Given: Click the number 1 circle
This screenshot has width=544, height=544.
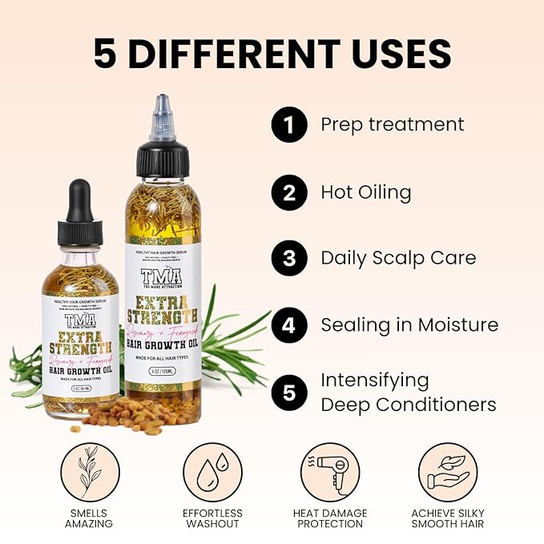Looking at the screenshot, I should click(289, 126).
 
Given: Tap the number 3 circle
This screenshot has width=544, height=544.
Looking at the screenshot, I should click(289, 259).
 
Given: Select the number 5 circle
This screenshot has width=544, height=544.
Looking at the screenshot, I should click(289, 393).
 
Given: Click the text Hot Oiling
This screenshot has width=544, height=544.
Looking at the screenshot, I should click(365, 192).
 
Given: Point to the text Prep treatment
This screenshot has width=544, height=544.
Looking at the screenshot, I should click(392, 125).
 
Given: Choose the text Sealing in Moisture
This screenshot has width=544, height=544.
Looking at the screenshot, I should click(409, 324).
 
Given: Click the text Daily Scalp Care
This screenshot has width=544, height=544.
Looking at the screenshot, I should click(398, 258).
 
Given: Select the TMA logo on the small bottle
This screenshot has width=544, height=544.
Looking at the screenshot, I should click(80, 320).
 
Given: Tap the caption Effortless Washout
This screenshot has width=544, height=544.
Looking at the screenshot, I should click(212, 518).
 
